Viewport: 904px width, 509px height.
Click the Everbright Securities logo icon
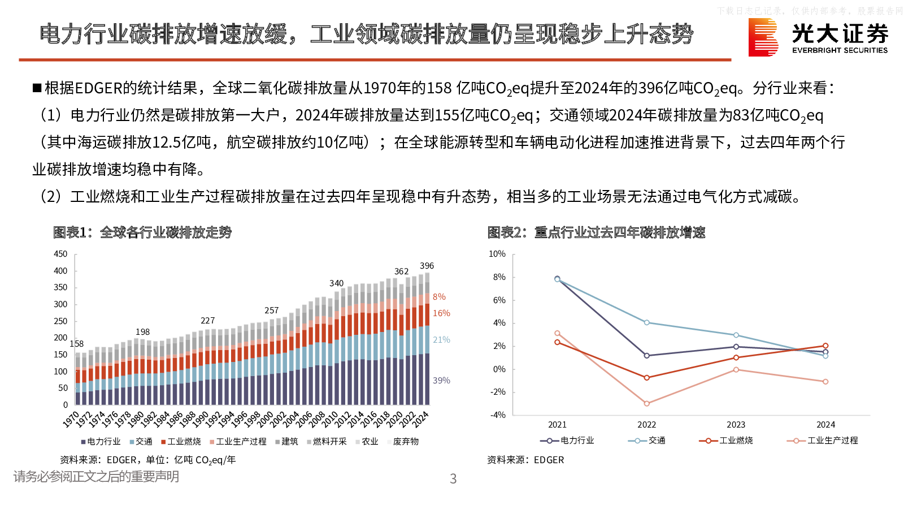pos(763,37)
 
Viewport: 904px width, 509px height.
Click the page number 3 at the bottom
pos(453,479)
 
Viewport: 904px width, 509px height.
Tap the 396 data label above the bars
pos(427,266)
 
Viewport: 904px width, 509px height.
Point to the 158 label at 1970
pos(77,344)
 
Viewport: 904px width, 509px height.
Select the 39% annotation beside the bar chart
pos(441,381)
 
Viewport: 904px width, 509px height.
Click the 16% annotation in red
pos(441,313)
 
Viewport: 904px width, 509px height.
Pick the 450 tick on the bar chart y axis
pos(60,254)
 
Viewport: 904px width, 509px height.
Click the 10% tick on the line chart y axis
pos(497,254)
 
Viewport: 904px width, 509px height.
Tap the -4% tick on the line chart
pos(498,415)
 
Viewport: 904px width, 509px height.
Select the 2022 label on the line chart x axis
pos(647,425)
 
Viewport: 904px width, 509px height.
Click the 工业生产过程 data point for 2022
pos(647,404)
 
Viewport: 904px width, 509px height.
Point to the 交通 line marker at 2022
pos(647,323)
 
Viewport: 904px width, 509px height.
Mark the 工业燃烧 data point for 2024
pos(825,346)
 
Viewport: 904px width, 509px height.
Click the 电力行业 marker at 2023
pos(736,347)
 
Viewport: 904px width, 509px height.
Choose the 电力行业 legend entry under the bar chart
pos(101,442)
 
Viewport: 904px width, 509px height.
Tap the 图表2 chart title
pos(596,232)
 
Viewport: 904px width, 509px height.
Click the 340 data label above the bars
pos(336,283)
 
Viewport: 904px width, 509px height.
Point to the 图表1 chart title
pos(142,232)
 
